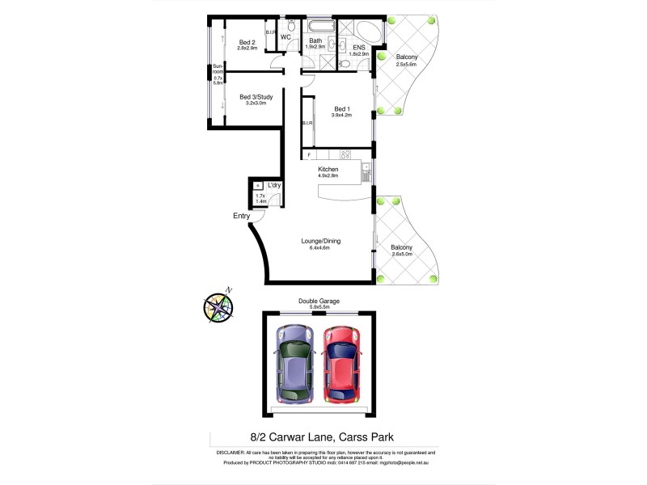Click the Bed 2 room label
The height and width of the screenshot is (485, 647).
pyautogui.click(x=247, y=43)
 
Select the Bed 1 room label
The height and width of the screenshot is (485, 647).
pyautogui.click(x=343, y=109)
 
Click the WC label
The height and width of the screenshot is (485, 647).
pyautogui.click(x=285, y=37)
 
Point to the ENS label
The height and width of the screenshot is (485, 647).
pyautogui.click(x=358, y=48)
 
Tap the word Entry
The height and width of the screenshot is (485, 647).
pyautogui.click(x=241, y=216)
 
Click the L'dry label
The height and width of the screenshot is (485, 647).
pyautogui.click(x=274, y=185)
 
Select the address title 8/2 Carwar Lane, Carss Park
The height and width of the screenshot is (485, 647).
pyautogui.click(x=316, y=437)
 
